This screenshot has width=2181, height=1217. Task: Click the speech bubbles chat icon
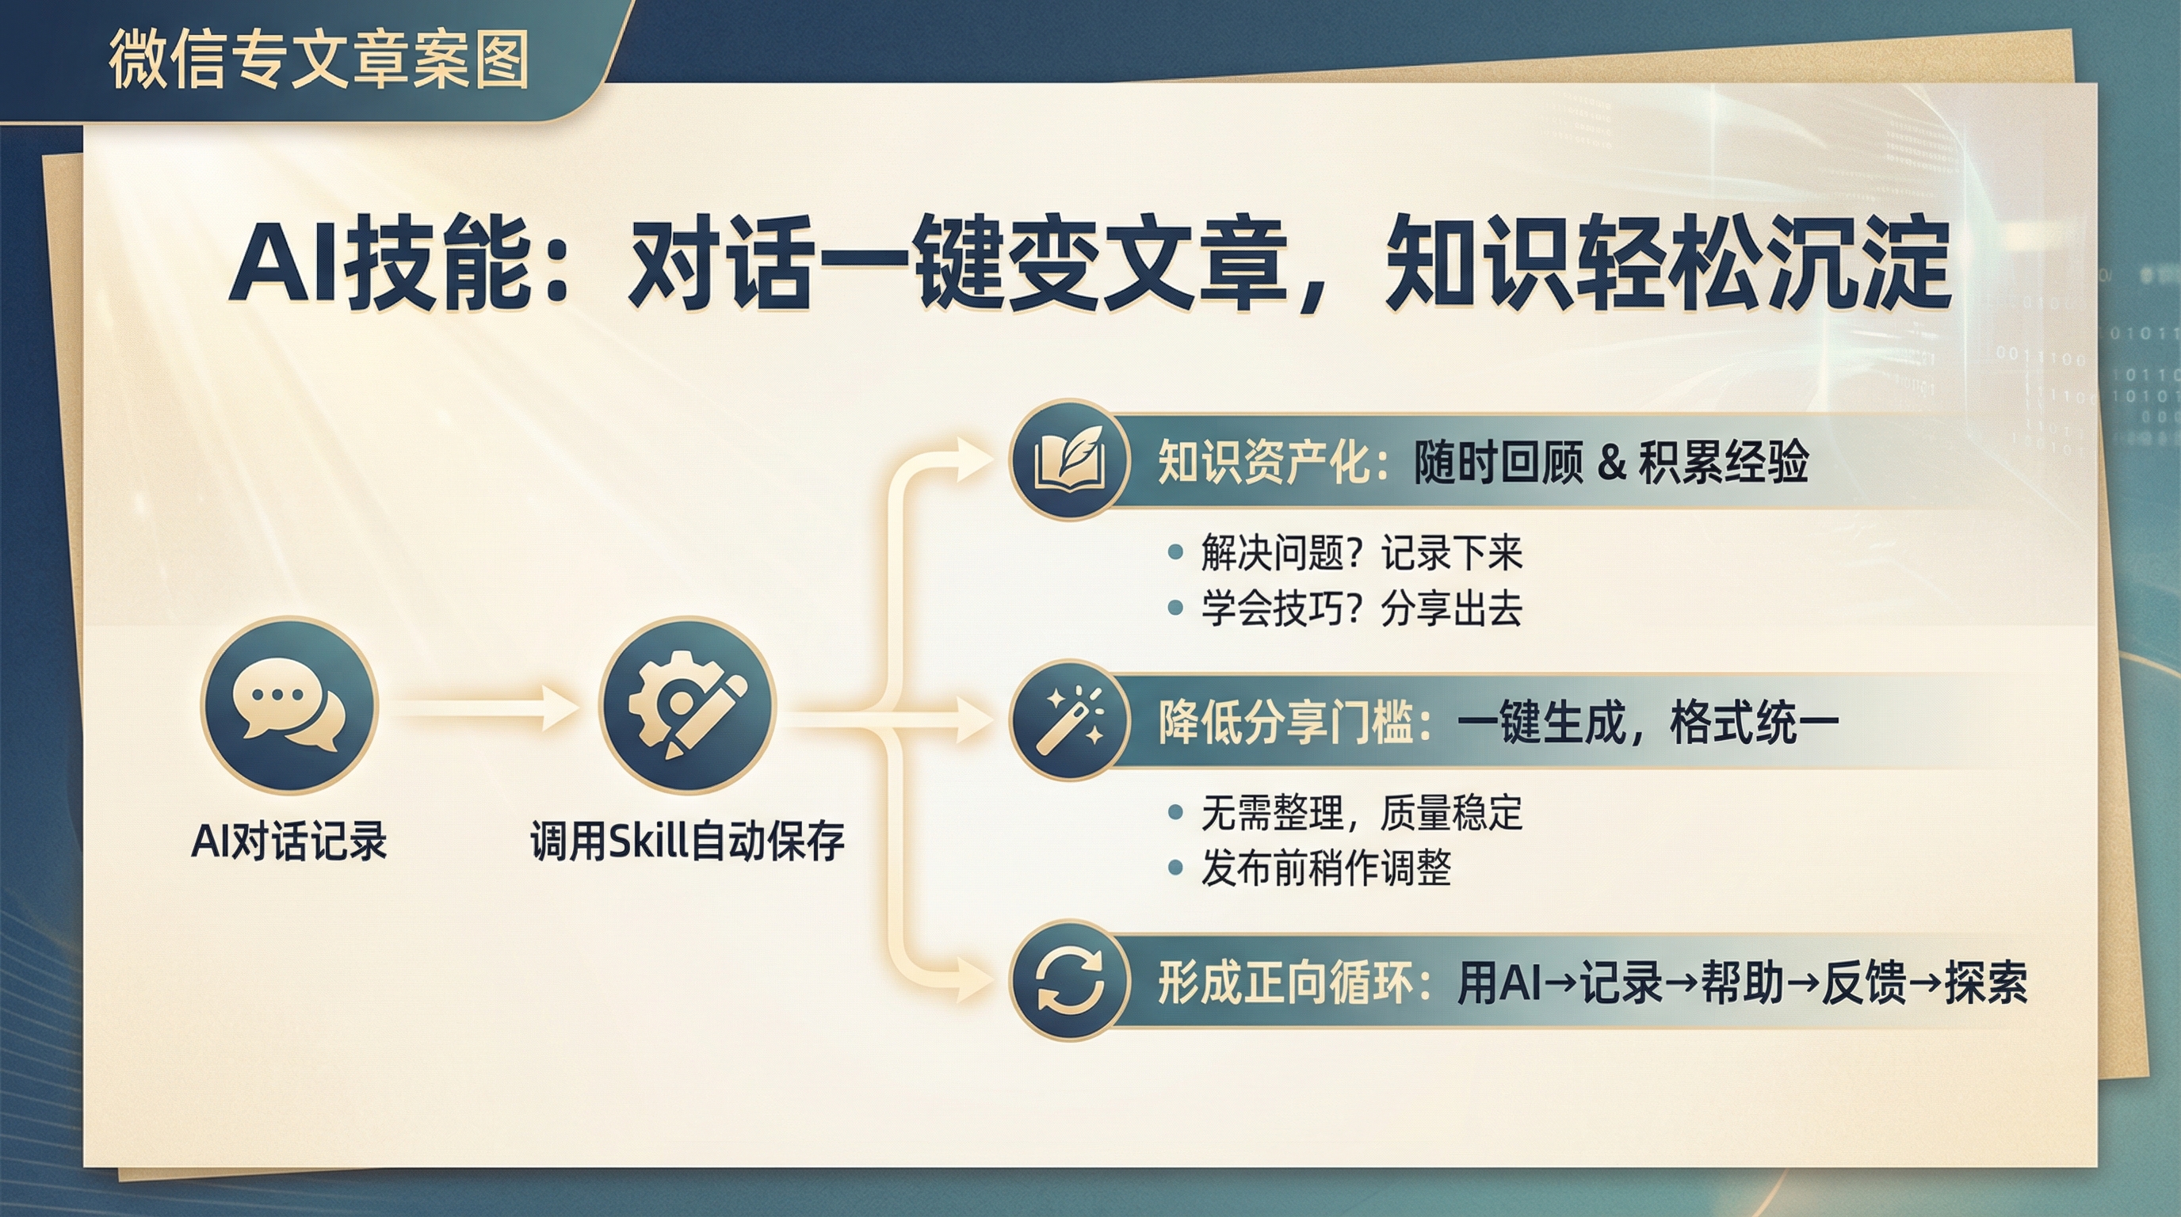[288, 705]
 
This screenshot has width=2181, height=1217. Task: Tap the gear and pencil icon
[687, 705]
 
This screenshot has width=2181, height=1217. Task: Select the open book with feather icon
[1070, 460]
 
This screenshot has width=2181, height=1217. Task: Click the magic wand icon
[1070, 720]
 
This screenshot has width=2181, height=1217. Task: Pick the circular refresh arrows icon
[1070, 981]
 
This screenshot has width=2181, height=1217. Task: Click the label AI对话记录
[288, 841]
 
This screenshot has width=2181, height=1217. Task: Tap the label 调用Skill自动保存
[687, 841]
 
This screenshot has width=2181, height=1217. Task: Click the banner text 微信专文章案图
[319, 59]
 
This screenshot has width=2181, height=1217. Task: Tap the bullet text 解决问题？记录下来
[1362, 554]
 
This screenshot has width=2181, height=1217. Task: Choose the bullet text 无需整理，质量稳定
[1362, 813]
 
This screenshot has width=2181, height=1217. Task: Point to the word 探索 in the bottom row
[1986, 982]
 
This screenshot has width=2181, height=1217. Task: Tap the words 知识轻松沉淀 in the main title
[1668, 262]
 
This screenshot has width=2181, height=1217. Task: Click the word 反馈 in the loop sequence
[1863, 982]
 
